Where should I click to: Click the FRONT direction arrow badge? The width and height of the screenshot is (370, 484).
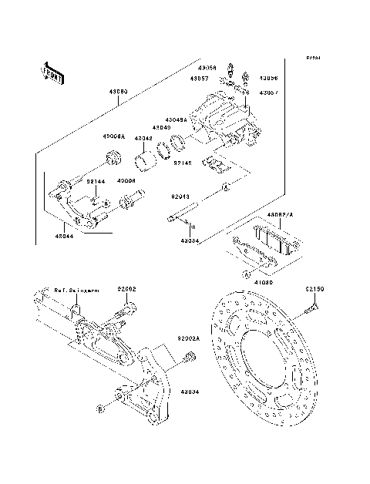50,73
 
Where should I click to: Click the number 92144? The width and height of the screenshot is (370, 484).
95,181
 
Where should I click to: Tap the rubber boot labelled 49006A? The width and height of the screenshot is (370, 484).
113,159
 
